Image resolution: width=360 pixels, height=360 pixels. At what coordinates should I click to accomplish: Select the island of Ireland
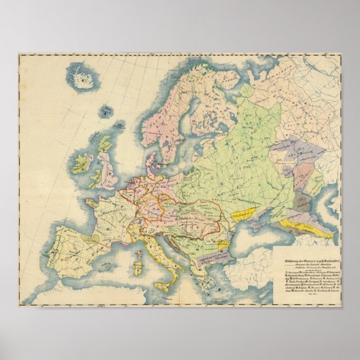(x=82, y=163)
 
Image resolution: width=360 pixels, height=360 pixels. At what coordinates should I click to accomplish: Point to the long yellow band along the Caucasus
(x=310, y=227)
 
